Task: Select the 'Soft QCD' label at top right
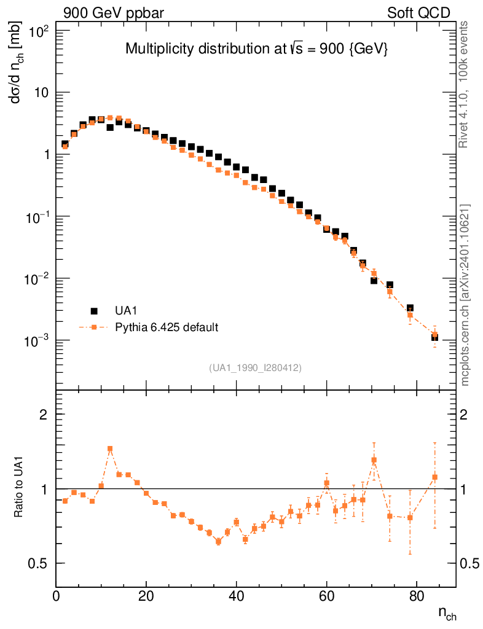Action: point(418,12)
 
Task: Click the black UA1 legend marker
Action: point(94,311)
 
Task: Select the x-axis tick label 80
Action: point(417,598)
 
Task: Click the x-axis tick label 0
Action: point(57,598)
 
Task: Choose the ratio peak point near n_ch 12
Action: point(110,449)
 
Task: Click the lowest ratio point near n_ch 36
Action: point(218,541)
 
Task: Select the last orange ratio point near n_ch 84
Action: point(434,477)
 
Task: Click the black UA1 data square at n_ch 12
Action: point(110,127)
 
